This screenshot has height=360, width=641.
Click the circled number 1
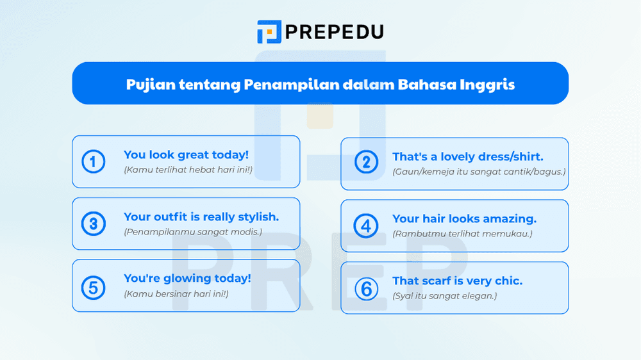(94, 162)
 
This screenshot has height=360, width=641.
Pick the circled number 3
(94, 224)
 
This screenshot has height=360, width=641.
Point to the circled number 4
(366, 225)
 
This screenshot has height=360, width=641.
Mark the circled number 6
(366, 288)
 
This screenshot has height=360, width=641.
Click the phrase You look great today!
(186, 155)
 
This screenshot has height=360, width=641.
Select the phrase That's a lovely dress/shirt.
(468, 157)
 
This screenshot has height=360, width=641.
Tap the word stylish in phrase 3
(256, 217)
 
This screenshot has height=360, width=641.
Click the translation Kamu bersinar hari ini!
(176, 294)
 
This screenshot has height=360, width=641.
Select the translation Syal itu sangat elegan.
(445, 296)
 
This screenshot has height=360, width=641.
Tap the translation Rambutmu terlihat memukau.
(462, 234)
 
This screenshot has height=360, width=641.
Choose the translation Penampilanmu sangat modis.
(193, 232)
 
